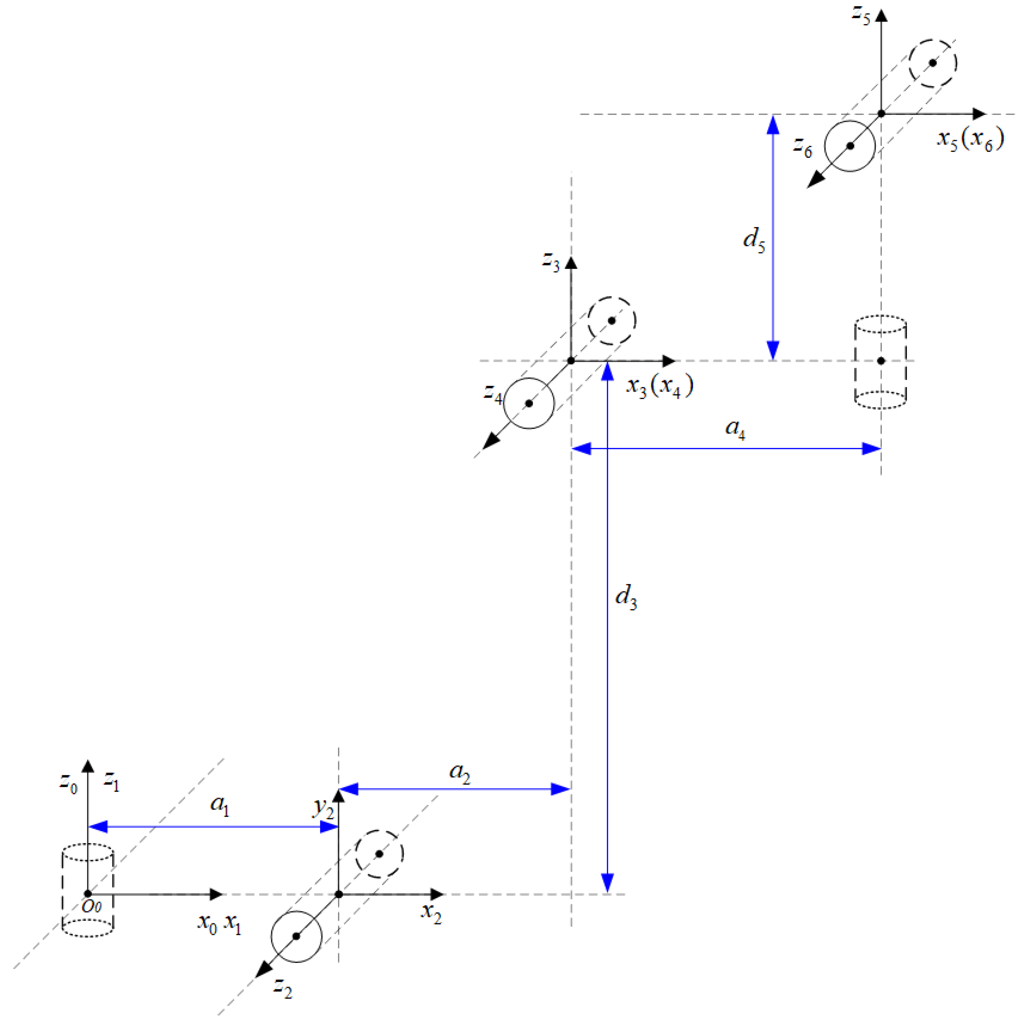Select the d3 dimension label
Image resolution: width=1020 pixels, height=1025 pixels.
(x=625, y=597)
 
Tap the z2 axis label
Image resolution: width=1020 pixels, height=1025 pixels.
(x=283, y=987)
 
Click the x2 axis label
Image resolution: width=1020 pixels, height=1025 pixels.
(x=431, y=913)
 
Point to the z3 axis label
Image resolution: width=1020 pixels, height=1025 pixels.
(x=551, y=261)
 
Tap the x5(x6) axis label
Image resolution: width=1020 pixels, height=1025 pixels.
(x=969, y=141)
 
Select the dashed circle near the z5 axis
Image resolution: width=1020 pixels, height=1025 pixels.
(x=932, y=63)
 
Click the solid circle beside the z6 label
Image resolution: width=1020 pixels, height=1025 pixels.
(x=850, y=146)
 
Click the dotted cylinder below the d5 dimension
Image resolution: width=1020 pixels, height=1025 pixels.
(x=880, y=362)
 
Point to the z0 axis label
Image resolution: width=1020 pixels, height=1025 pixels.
(x=68, y=782)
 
